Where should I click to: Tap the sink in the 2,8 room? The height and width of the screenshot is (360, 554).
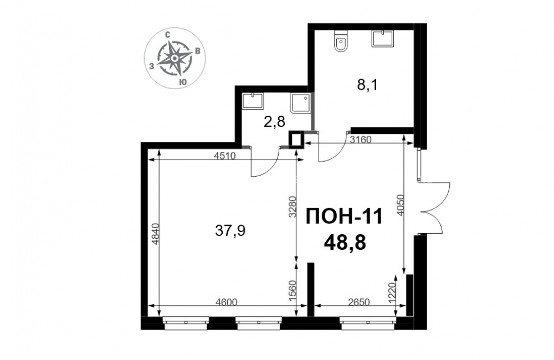(253, 101)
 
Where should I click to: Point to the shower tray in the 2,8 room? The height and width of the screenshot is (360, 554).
(301, 103)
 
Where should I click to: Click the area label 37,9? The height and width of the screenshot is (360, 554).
(230, 231)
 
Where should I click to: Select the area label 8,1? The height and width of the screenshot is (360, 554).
(367, 85)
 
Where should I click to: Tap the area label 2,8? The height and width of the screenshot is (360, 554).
(274, 122)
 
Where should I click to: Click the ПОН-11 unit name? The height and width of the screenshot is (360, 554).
(344, 216)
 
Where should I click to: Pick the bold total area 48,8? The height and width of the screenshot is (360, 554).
(345, 243)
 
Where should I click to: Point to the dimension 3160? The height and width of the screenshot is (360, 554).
(361, 140)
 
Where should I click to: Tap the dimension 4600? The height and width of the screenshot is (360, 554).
(227, 302)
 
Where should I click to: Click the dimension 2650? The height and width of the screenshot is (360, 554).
(358, 302)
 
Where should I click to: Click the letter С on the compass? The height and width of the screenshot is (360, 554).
(168, 35)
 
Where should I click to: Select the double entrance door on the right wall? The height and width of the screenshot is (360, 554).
(433, 208)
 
